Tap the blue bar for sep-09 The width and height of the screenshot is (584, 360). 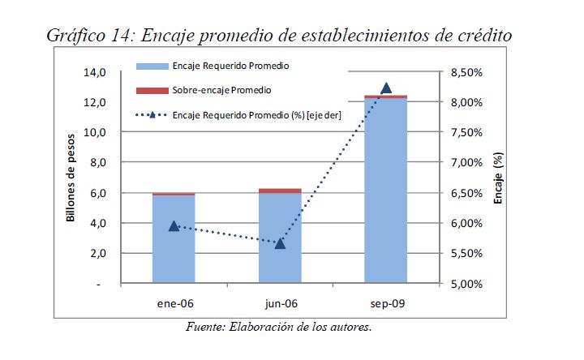385,203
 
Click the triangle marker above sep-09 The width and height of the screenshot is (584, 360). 386,88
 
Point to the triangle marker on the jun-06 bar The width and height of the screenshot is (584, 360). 280,242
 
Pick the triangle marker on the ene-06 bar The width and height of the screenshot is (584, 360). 174,225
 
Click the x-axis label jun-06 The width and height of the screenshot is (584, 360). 280,304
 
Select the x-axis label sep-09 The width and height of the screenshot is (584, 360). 386,304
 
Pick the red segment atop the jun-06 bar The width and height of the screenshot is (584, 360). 279,191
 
